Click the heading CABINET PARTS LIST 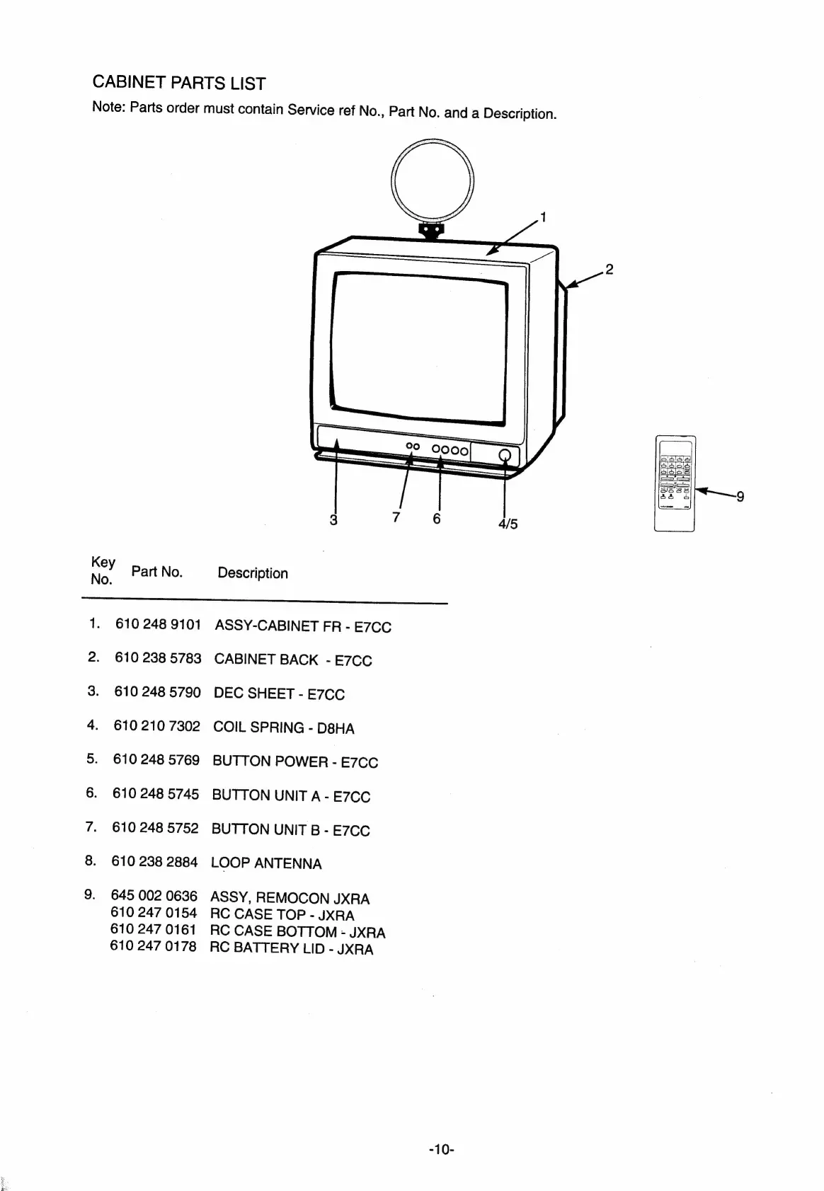coord(179,83)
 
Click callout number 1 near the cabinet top coord(543,217)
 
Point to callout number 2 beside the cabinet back coord(609,269)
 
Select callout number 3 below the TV coord(333,519)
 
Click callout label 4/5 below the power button coord(508,524)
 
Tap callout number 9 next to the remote coord(740,496)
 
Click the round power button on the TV coord(505,456)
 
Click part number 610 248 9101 coord(158,624)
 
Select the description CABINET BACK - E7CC coord(292,660)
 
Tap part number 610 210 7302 coord(156,726)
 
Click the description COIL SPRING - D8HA coord(283,727)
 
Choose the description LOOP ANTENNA coord(266,863)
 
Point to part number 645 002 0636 coord(154,897)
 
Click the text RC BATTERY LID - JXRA coord(291,949)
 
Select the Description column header coord(253,573)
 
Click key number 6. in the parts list coord(92,793)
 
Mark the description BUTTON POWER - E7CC coord(295,761)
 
